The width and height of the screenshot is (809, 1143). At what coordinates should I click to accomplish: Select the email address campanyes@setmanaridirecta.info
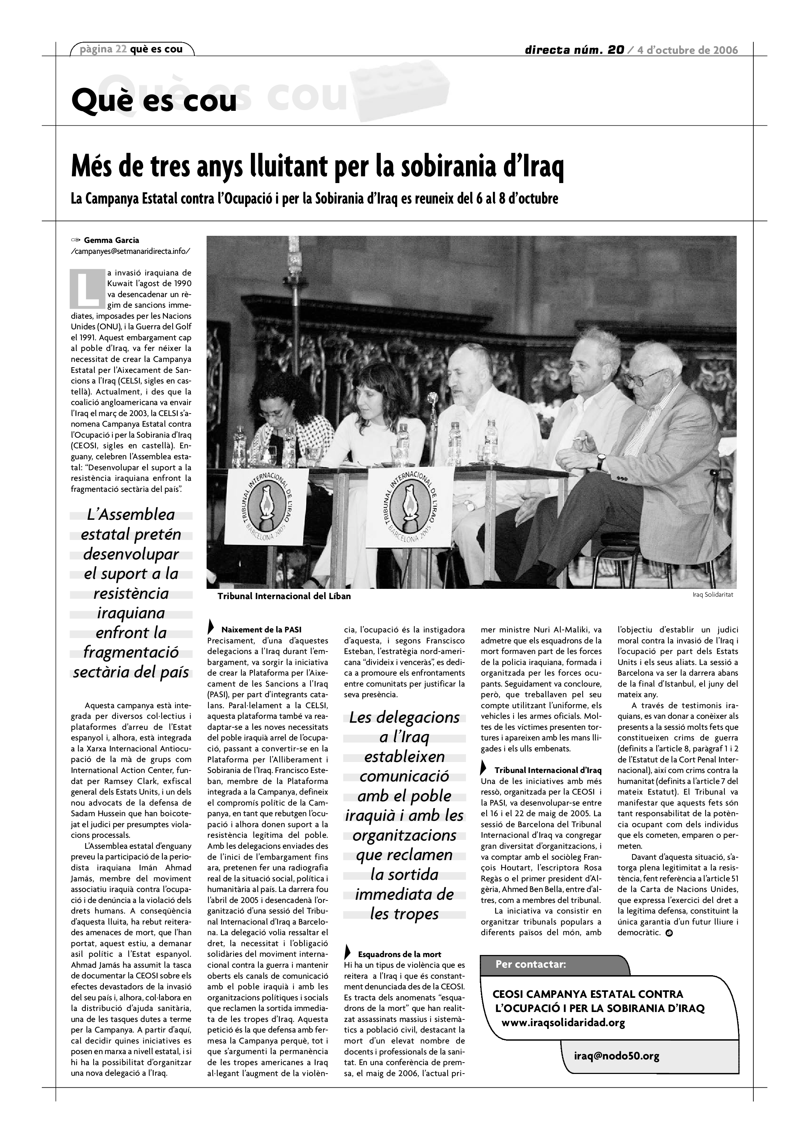[x=130, y=251]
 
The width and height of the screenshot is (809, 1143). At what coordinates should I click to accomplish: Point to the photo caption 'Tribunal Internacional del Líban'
[x=284, y=596]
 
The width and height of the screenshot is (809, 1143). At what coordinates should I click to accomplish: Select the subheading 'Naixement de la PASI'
[x=261, y=630]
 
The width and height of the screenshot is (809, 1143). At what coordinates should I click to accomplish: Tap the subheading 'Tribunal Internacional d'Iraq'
[x=547, y=770]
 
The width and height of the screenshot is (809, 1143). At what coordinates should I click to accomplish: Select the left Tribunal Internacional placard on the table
[x=267, y=505]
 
